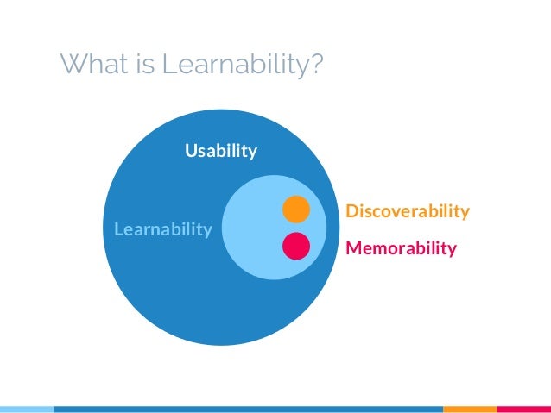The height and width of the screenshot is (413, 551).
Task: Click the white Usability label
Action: pos(221,152)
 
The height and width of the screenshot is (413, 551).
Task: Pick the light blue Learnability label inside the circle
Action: pos(157,229)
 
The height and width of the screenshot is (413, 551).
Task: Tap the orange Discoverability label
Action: pos(407,211)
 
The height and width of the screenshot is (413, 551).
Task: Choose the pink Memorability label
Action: pos(401,249)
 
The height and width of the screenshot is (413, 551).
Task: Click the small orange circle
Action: pos(295,209)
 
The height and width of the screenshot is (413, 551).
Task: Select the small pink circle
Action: pos(295,247)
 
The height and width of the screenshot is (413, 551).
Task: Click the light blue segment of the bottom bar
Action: pos(26,408)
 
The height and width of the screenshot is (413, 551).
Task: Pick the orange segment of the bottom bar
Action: pos(470,408)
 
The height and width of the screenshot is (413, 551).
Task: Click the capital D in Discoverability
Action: pos(351,211)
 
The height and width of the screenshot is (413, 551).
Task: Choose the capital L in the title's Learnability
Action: pos(164,64)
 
